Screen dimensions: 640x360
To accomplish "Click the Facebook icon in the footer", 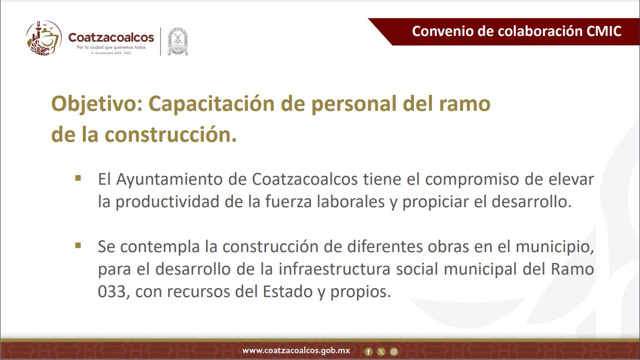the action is (368, 352).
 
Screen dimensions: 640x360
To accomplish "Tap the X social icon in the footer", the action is (381, 352).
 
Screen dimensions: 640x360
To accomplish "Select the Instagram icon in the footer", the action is (394, 352).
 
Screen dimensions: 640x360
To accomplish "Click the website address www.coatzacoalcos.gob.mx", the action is (296, 351).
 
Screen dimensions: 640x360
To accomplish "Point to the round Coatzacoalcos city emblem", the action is (44, 38).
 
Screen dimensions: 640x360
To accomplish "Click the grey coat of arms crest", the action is (178, 42).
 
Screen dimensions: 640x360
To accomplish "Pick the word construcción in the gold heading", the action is (171, 135).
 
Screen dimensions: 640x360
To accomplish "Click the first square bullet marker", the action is (78, 178).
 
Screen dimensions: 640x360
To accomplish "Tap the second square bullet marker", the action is (78, 246).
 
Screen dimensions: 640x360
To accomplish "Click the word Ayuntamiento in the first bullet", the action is (169, 180).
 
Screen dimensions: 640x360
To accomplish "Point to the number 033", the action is (112, 292).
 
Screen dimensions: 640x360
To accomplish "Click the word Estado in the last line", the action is (288, 292).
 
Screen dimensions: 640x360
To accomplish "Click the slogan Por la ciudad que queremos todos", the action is (111, 47).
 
